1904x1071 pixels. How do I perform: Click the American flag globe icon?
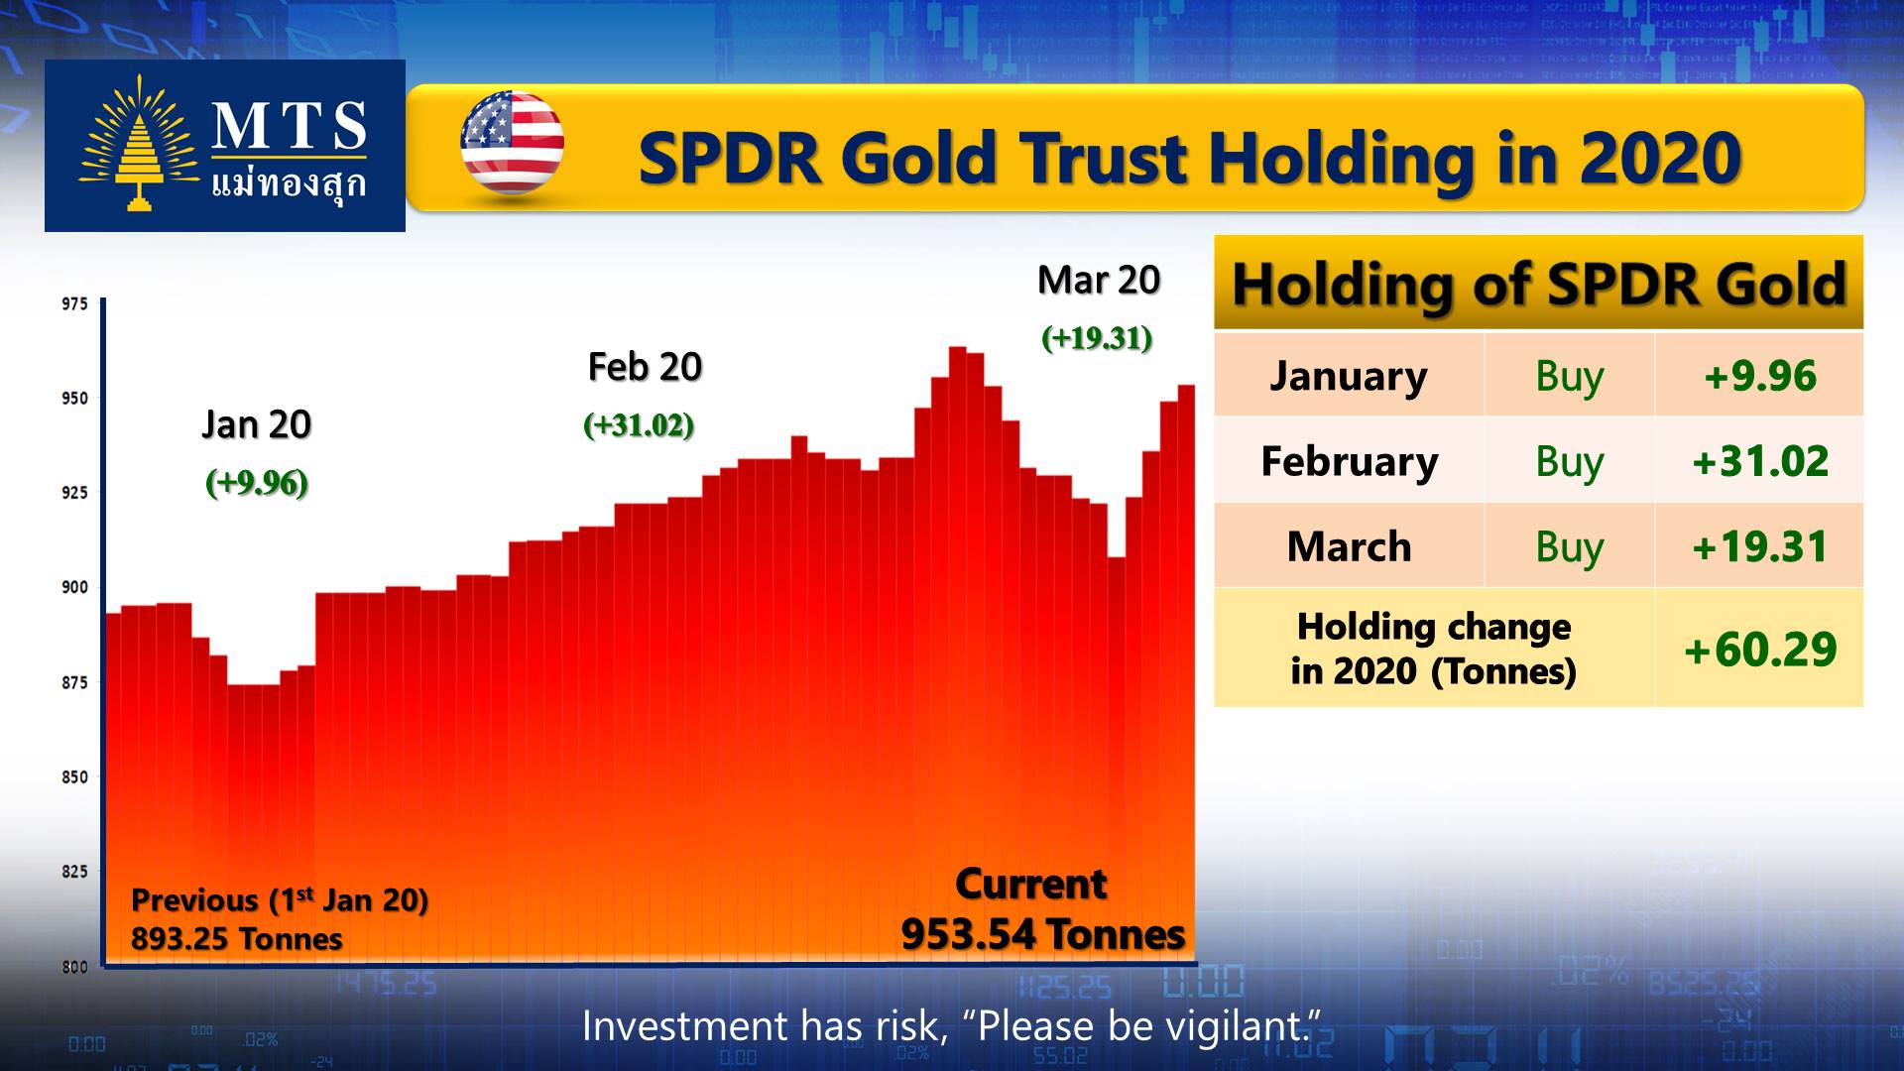pyautogui.click(x=512, y=143)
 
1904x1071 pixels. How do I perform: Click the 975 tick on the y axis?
pyautogui.click(x=74, y=303)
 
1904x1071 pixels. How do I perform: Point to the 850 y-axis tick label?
pyautogui.click(x=74, y=776)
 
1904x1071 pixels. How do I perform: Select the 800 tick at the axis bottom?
pyautogui.click(x=74, y=966)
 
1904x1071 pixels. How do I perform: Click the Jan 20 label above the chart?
pyautogui.click(x=257, y=424)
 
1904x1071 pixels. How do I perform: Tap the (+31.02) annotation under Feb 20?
pyautogui.click(x=639, y=425)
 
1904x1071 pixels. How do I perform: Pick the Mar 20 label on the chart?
pyautogui.click(x=1099, y=281)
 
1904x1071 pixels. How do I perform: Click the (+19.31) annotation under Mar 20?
pyautogui.click(x=1097, y=338)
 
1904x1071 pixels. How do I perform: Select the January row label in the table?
pyautogui.click(x=1349, y=376)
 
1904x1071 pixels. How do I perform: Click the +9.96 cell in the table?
pyautogui.click(x=1760, y=376)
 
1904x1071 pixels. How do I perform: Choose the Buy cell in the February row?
pyautogui.click(x=1570, y=462)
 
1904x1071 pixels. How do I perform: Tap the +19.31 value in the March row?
pyautogui.click(x=1760, y=546)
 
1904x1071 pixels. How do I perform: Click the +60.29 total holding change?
pyautogui.click(x=1760, y=650)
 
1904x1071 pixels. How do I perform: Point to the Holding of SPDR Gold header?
pyautogui.click(x=1539, y=285)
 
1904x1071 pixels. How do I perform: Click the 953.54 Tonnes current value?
pyautogui.click(x=1043, y=934)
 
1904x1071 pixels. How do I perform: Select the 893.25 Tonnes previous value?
pyautogui.click(x=237, y=938)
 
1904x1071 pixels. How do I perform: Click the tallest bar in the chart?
pyautogui.click(x=958, y=655)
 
